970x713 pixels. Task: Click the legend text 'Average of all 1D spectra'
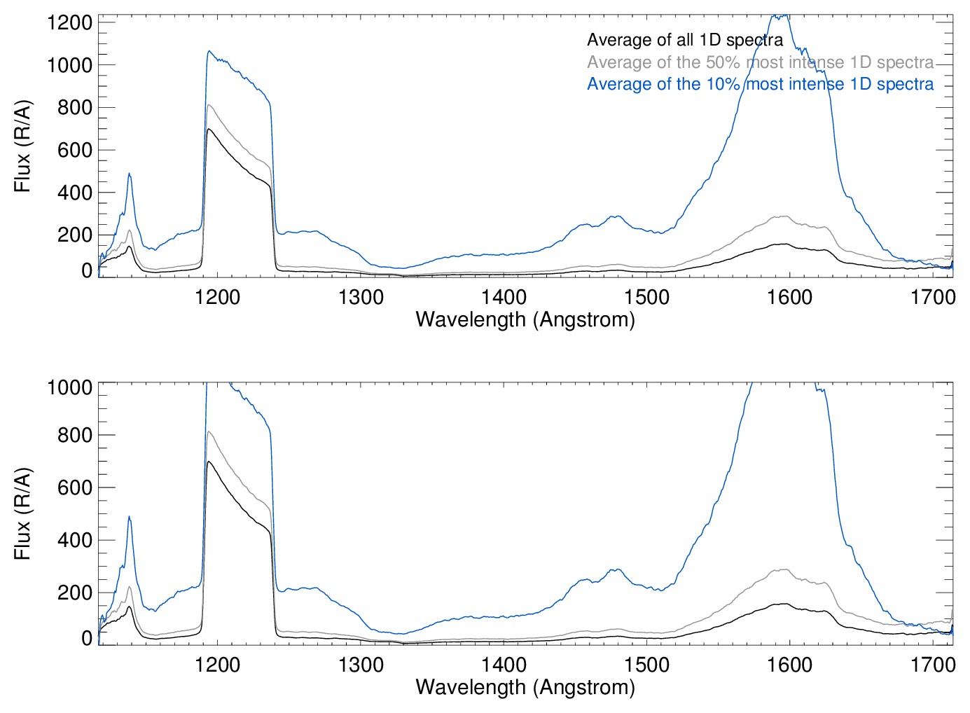point(684,41)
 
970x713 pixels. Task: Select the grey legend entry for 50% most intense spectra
point(760,62)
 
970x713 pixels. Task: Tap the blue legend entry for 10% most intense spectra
point(760,85)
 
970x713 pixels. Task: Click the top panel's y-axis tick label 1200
point(69,22)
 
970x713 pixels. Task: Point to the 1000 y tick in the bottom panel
point(69,387)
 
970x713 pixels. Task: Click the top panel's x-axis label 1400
point(504,297)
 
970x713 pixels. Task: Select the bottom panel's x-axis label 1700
point(932,664)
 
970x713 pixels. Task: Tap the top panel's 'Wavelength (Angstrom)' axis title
point(525,320)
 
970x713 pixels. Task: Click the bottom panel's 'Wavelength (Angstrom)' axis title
point(525,687)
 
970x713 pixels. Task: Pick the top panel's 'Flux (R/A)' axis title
point(23,146)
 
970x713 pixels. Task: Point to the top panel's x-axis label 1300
point(361,297)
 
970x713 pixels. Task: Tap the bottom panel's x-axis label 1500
point(646,664)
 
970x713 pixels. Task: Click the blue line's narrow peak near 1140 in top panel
point(129,174)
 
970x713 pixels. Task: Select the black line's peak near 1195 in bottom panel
point(208,462)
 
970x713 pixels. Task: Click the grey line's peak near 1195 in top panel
point(208,105)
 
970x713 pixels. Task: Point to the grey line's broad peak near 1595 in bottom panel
point(782,569)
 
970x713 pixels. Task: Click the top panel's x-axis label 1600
point(789,297)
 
